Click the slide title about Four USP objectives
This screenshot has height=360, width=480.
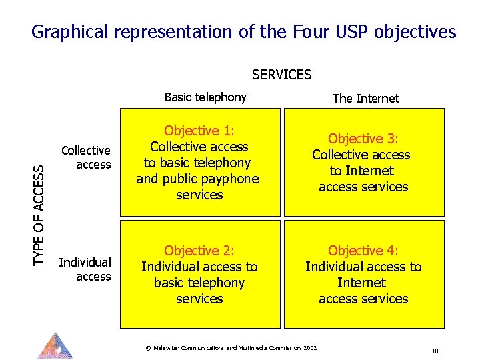[243, 32]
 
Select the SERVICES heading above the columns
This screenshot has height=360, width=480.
[281, 75]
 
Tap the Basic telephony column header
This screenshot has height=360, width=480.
[205, 97]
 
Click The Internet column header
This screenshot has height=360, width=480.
[365, 99]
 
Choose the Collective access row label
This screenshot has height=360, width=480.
[86, 158]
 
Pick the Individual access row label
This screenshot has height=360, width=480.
[85, 269]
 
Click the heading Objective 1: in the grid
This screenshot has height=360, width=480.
[199, 131]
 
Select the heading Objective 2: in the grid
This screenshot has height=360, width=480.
[199, 251]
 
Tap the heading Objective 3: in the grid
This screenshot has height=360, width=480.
[363, 139]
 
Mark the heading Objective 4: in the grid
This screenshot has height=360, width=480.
[363, 251]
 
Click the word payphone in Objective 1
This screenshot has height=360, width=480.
[229, 179]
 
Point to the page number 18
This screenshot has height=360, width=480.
[435, 351]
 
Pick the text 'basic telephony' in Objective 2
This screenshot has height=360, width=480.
[199, 283]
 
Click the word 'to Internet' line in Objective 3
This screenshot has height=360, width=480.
[361, 171]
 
